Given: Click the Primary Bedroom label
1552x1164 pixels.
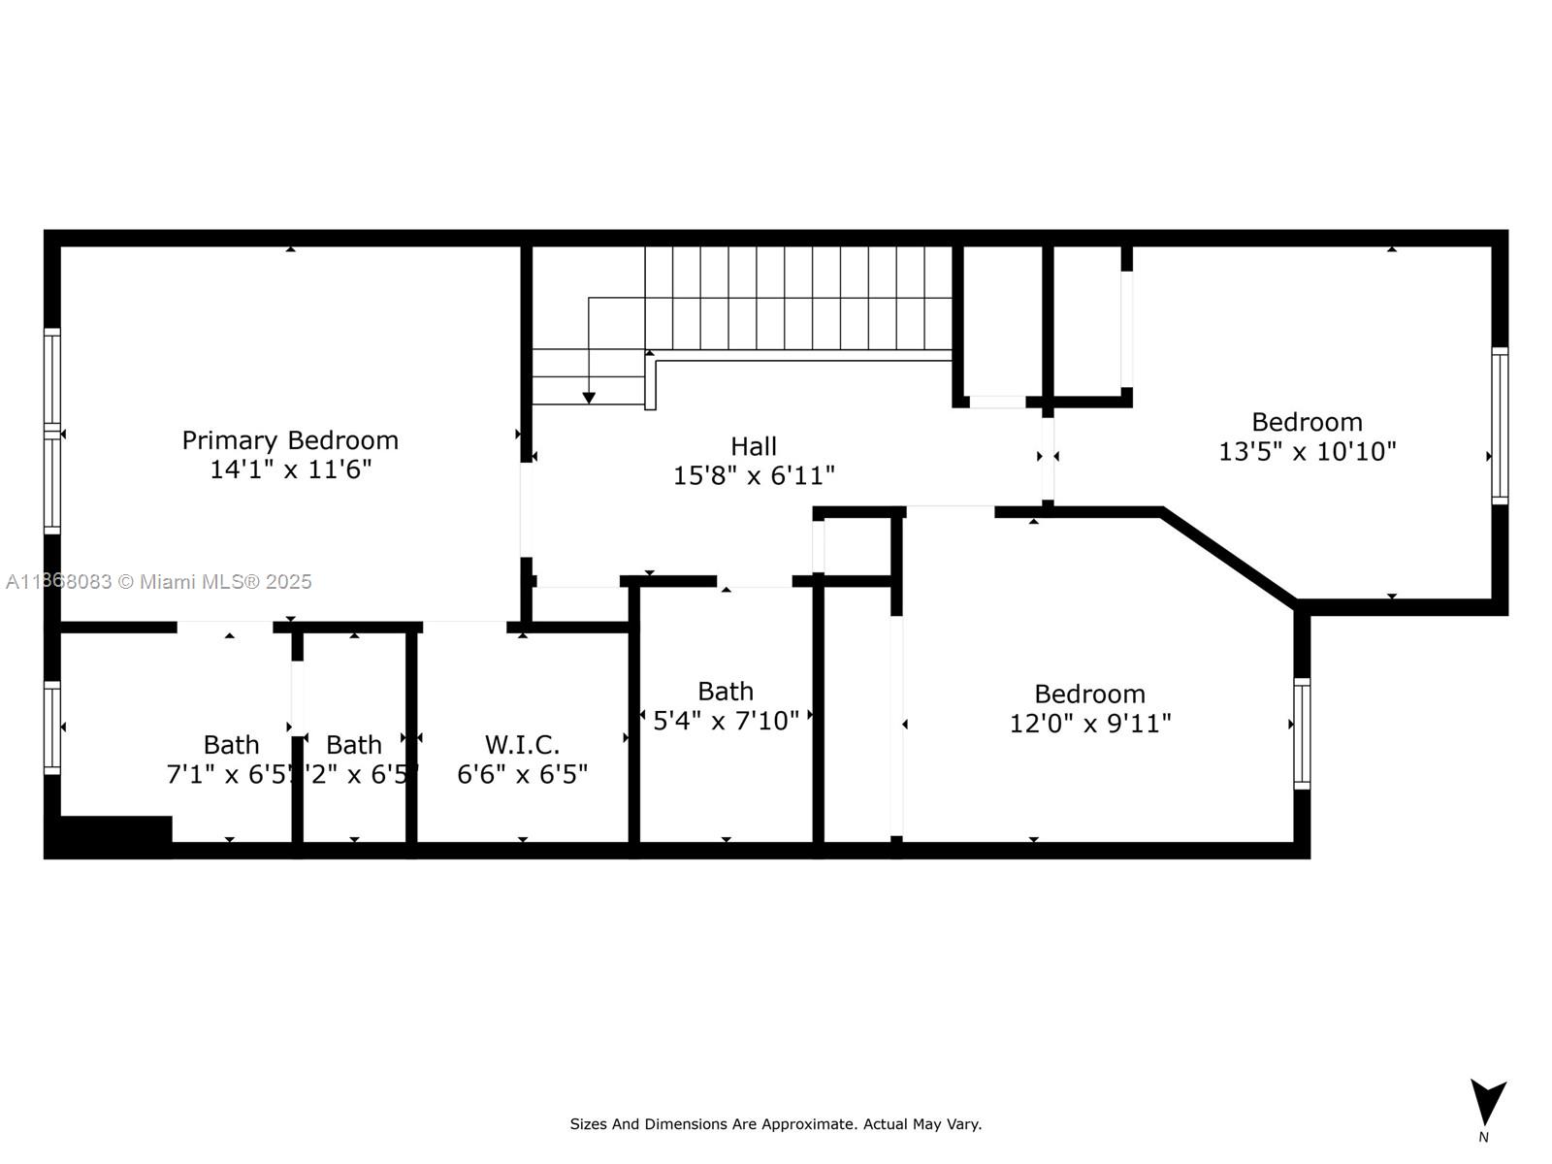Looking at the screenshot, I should (x=290, y=440).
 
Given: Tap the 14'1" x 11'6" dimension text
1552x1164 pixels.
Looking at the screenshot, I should (x=290, y=469).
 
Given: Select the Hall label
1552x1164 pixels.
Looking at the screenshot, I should (x=754, y=446).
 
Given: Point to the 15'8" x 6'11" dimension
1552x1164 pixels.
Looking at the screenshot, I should (x=754, y=475).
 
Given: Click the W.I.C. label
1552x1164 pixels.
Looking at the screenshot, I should (x=522, y=745).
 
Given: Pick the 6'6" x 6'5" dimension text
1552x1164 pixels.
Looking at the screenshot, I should (x=522, y=774).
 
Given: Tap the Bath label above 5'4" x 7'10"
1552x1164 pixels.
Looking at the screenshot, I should (x=726, y=692).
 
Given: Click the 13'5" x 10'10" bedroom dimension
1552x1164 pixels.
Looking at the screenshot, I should (x=1307, y=451).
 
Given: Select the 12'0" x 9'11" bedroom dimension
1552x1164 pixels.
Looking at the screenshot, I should (x=1090, y=724).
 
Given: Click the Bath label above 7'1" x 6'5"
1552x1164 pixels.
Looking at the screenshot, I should (x=231, y=745).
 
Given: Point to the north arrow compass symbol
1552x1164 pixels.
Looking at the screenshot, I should (x=1487, y=1104).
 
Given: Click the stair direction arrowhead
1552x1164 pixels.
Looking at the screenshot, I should (x=589, y=398).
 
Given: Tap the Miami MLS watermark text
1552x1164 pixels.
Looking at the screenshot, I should (x=158, y=582).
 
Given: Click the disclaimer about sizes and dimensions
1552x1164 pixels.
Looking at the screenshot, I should (x=775, y=1124).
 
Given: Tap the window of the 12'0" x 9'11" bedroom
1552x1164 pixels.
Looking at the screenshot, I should (x=1302, y=732).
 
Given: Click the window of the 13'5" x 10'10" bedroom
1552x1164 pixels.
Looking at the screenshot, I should (x=1500, y=425).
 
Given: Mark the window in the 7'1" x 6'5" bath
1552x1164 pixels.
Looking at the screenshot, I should (x=52, y=727).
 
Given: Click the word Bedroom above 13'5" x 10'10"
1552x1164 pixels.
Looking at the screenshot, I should (x=1307, y=422).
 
